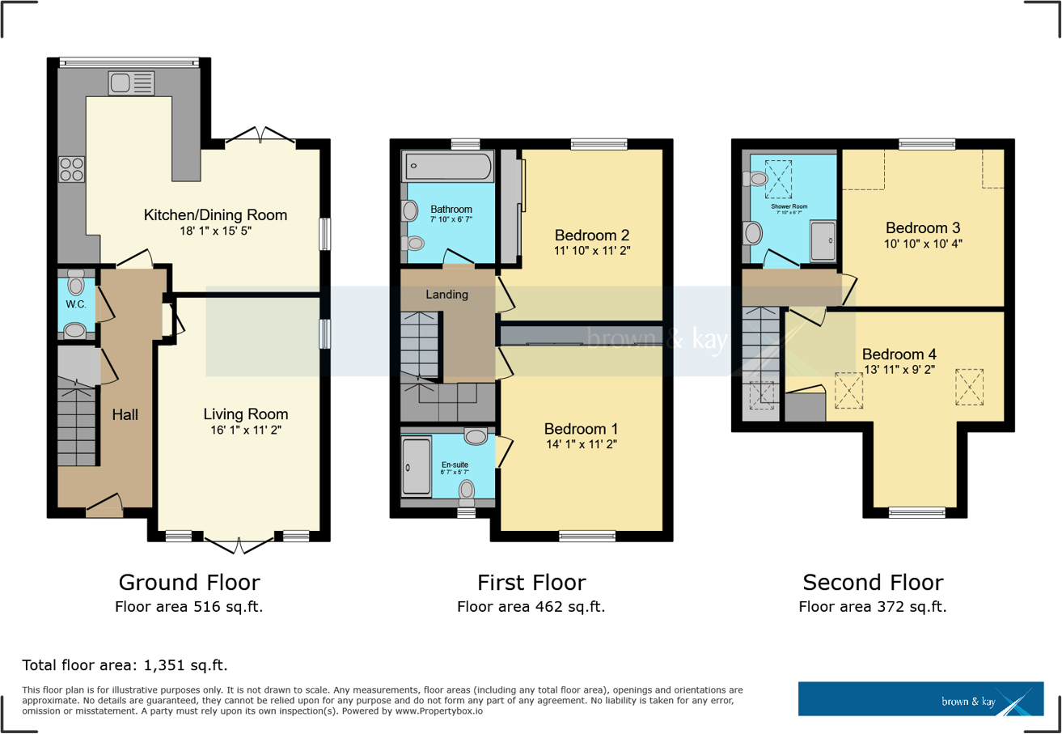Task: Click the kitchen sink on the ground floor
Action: (129, 83)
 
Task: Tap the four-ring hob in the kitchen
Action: (71, 169)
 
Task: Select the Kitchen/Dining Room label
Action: (215, 215)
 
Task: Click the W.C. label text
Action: (76, 304)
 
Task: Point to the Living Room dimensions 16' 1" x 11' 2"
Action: (245, 431)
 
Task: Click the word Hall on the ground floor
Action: (125, 415)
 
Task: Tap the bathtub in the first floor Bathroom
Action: (447, 167)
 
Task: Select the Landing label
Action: (447, 295)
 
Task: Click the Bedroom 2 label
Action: (592, 235)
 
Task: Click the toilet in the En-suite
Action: (467, 490)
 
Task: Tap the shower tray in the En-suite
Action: (417, 466)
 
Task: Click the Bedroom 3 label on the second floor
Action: (923, 227)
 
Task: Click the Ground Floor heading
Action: (189, 583)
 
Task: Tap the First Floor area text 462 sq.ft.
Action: (531, 607)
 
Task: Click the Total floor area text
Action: (125, 666)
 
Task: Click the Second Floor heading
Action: (872, 583)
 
